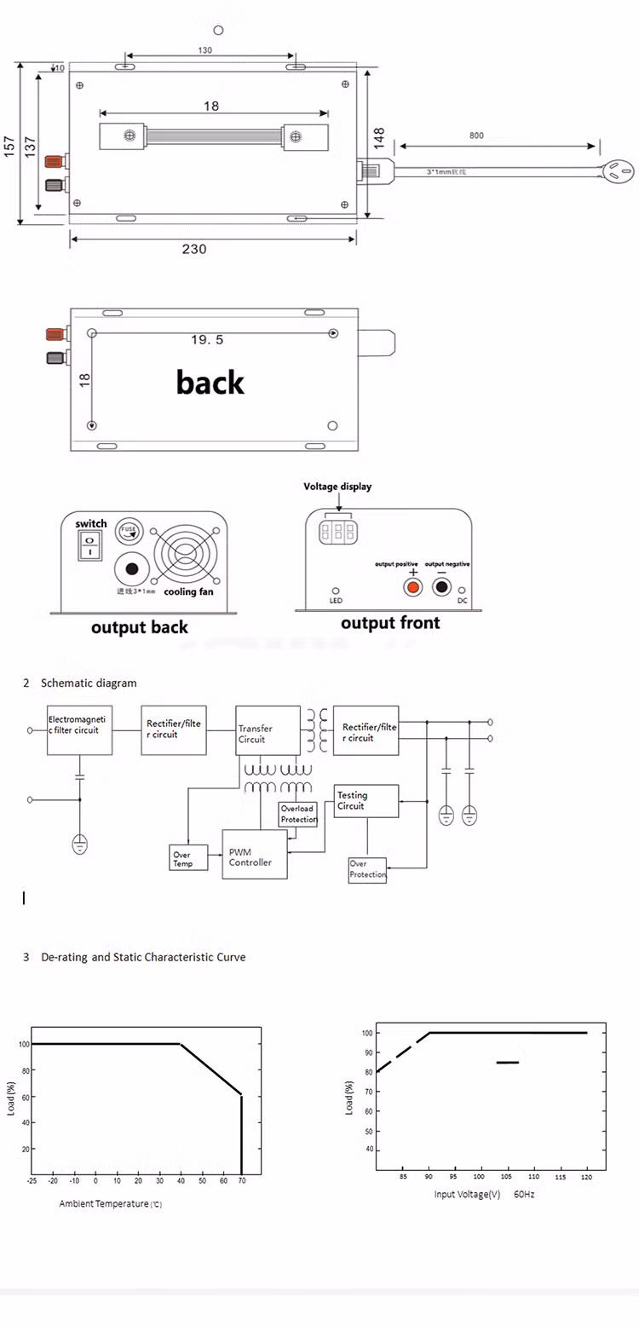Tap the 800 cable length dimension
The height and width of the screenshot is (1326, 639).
[476, 135]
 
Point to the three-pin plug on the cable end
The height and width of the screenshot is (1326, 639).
[619, 172]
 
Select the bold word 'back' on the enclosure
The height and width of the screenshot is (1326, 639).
[210, 382]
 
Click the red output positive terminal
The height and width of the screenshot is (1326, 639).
[413, 587]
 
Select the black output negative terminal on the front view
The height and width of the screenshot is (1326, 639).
[441, 587]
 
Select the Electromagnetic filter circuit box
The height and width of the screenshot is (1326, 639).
[79, 729]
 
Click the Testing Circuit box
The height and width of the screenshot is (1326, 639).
[366, 801]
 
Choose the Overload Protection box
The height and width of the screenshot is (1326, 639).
[297, 813]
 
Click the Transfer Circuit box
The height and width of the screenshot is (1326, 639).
[268, 730]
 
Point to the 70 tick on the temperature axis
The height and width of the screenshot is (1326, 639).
[242, 1181]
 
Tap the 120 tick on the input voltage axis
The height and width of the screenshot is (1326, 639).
[587, 1177]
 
